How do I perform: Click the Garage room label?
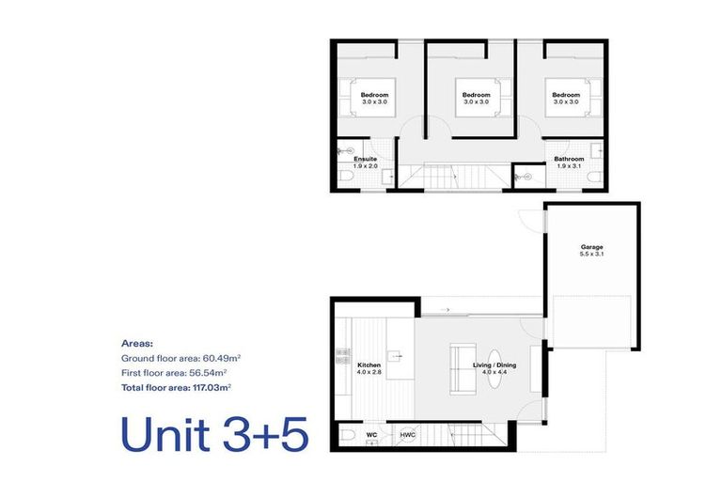591,247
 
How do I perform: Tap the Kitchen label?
369,365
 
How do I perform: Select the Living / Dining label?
494,365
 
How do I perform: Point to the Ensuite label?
365,159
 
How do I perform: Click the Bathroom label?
569,159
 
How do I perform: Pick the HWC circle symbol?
407,435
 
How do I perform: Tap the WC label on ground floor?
371,435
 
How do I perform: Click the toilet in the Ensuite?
346,177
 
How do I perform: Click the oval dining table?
494,368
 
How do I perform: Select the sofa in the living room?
463,368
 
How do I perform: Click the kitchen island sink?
396,356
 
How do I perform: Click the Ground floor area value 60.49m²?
222,358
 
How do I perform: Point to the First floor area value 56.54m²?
208,373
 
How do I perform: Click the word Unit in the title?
165,434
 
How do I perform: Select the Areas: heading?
137,344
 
